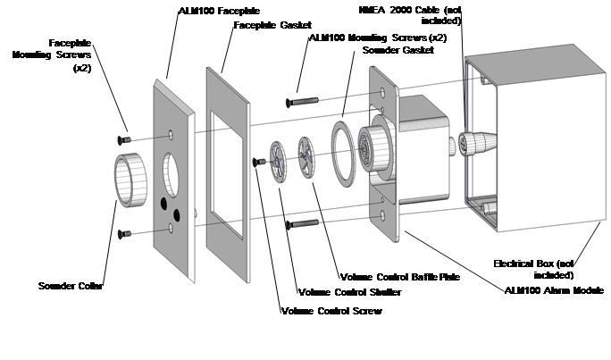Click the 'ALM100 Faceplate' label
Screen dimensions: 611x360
[x=220, y=11]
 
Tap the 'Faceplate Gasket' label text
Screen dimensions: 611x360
[x=272, y=25]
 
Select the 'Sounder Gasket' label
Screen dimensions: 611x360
[x=398, y=50]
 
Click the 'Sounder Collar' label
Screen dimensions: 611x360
[x=71, y=286]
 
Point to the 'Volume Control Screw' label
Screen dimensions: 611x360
[x=331, y=311]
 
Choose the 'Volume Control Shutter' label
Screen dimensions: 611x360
[x=350, y=292]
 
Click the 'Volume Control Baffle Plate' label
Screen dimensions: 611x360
[x=400, y=277]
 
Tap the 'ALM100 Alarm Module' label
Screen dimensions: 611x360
[x=554, y=290]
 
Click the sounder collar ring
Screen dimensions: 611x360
[x=130, y=180]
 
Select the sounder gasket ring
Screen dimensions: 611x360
[x=344, y=154]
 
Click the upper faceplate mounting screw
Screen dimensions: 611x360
[x=124, y=139]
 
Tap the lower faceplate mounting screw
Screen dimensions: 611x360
[x=124, y=234]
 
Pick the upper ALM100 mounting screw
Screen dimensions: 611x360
[x=302, y=102]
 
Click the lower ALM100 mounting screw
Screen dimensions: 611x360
[x=302, y=224]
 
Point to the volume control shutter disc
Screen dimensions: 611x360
[x=278, y=163]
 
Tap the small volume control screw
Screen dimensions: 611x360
[x=259, y=162]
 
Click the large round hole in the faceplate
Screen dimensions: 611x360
[x=172, y=174]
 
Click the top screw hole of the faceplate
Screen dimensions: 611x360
[x=171, y=135]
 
